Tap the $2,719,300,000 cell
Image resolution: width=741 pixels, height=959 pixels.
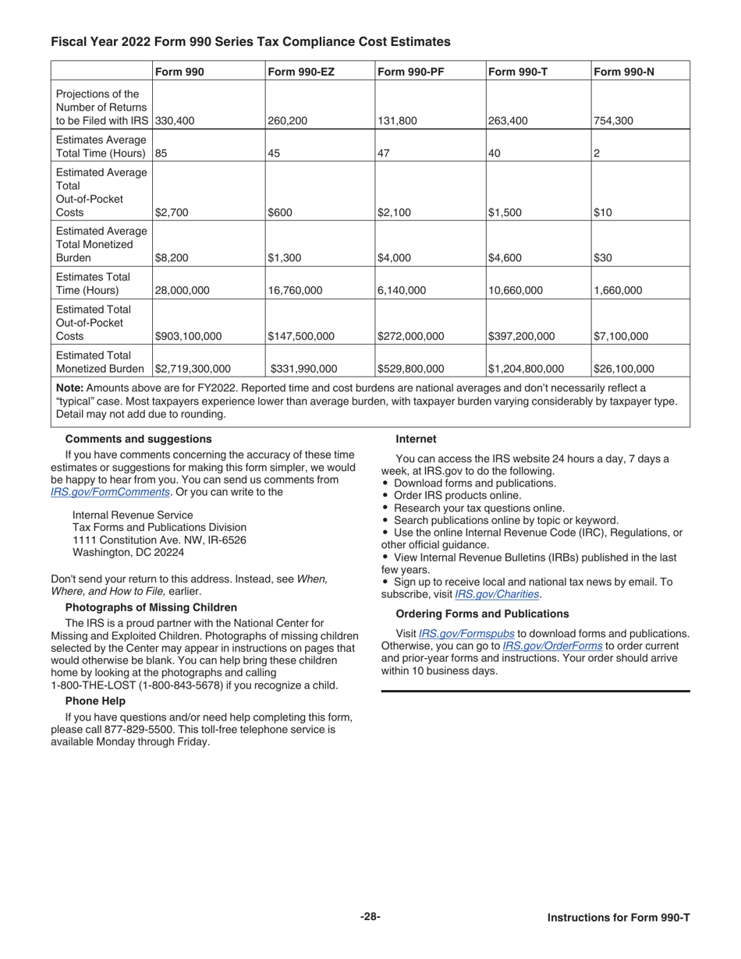click(193, 369)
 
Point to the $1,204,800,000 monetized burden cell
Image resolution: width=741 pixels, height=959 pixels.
click(526, 369)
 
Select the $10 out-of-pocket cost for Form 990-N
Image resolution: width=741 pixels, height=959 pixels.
click(603, 212)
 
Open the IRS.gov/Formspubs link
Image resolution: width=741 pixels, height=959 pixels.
click(466, 633)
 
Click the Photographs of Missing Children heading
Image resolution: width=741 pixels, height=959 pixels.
click(151, 607)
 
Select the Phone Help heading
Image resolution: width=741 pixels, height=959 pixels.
click(95, 701)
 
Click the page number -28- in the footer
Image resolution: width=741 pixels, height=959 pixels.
click(370, 917)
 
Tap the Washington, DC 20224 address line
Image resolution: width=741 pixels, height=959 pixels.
click(128, 553)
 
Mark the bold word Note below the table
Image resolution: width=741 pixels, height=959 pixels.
click(70, 387)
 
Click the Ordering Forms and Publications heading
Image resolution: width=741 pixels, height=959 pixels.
click(482, 614)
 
